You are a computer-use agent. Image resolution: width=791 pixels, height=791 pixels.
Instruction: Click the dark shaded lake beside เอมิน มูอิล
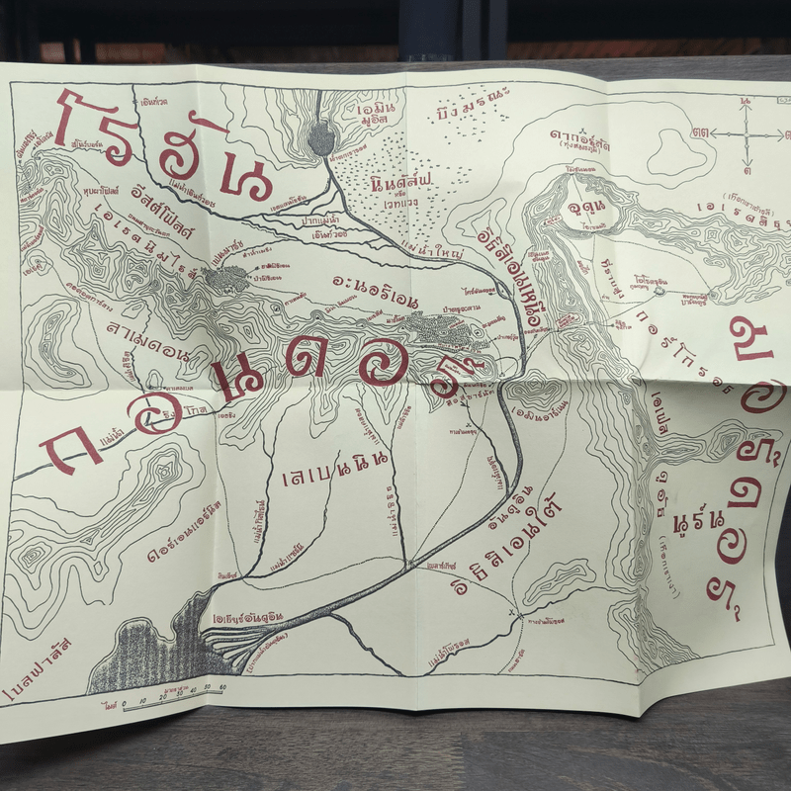click(322, 137)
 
